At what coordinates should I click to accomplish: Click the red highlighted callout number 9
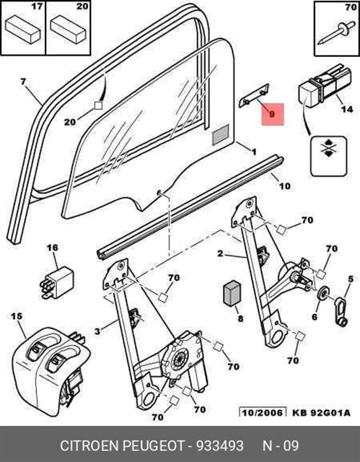pyautogui.click(x=272, y=113)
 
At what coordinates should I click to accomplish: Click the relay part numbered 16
pyautogui.click(x=57, y=282)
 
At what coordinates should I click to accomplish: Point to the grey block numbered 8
pyautogui.click(x=232, y=292)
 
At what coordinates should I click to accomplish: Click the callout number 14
pyautogui.click(x=347, y=109)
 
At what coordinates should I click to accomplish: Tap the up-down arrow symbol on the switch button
pyautogui.click(x=328, y=147)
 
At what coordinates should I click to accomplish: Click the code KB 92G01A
pyautogui.click(x=321, y=412)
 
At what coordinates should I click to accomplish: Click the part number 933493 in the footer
pyautogui.click(x=220, y=445)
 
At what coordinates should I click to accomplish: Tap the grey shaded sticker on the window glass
pyautogui.click(x=221, y=134)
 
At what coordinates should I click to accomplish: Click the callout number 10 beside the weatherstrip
pyautogui.click(x=284, y=186)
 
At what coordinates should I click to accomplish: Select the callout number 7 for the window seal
pyautogui.click(x=23, y=82)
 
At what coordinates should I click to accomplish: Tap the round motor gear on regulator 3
pyautogui.click(x=178, y=359)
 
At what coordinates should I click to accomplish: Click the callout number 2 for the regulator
pyautogui.click(x=221, y=253)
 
